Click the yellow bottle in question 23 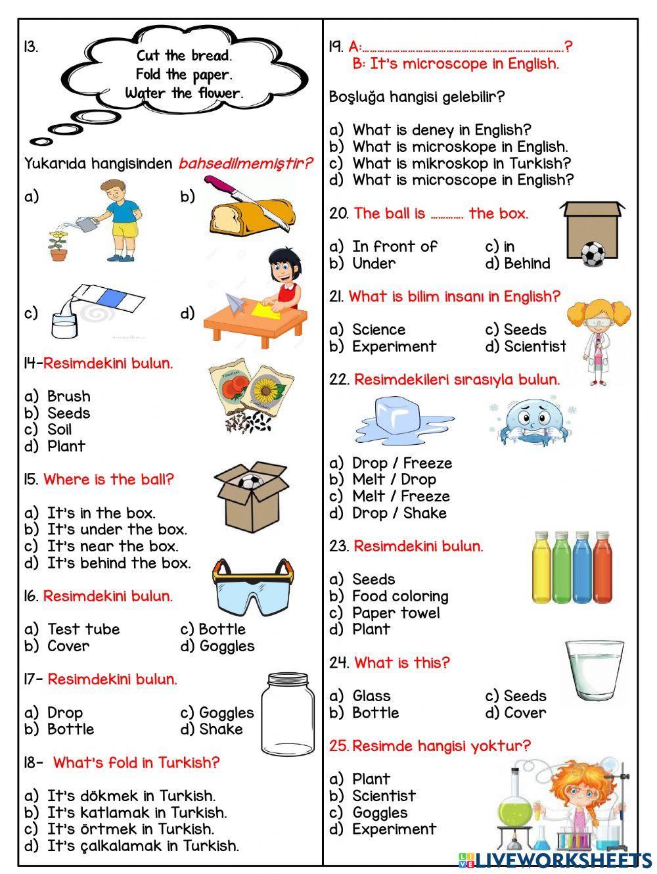tap(542, 566)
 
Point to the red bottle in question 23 tap(602, 566)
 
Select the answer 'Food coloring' tap(400, 596)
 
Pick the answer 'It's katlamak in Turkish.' tap(137, 812)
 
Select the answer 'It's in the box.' tap(101, 513)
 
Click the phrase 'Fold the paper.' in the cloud tap(184, 74)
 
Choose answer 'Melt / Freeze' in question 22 tap(401, 496)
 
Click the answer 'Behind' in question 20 tap(527, 263)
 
